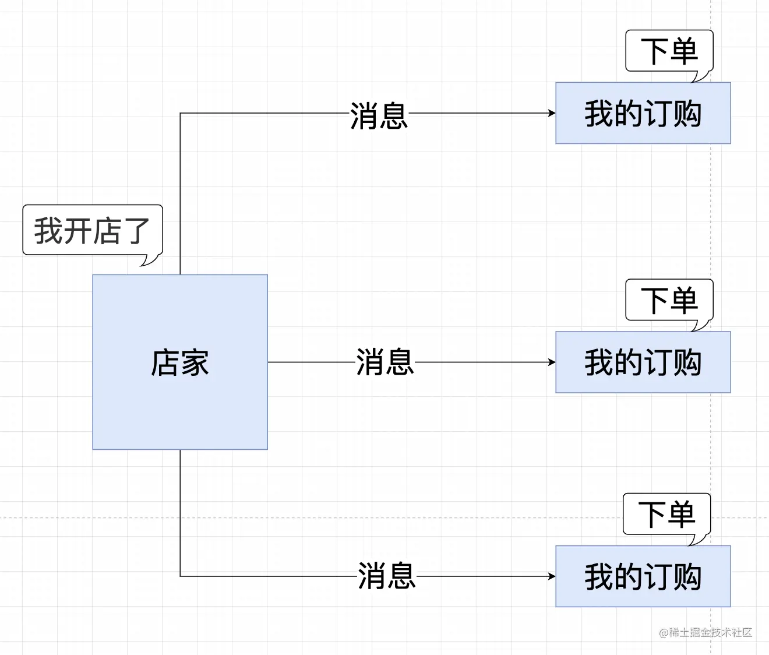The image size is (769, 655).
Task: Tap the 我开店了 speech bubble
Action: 92,230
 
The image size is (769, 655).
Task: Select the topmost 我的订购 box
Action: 643,113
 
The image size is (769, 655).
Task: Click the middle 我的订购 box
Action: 643,362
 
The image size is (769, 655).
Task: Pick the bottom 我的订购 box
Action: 643,576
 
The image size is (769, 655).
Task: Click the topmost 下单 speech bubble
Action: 669,51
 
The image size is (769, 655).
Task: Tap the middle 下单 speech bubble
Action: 669,300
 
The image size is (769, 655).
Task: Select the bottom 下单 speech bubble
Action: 666,514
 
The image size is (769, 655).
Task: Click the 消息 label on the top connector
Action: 379,115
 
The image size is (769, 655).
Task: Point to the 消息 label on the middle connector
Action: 384,362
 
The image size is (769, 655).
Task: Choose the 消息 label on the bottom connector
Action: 386,576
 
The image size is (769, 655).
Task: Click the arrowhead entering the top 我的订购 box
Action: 552,113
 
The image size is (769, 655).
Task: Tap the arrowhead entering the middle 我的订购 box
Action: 552,362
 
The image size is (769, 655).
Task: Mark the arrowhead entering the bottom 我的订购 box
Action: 552,576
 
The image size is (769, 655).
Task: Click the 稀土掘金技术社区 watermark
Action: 705,632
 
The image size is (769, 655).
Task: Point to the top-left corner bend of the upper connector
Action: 180,113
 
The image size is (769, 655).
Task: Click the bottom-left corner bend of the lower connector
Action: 180,576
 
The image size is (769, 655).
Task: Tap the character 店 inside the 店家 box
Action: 165,362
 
